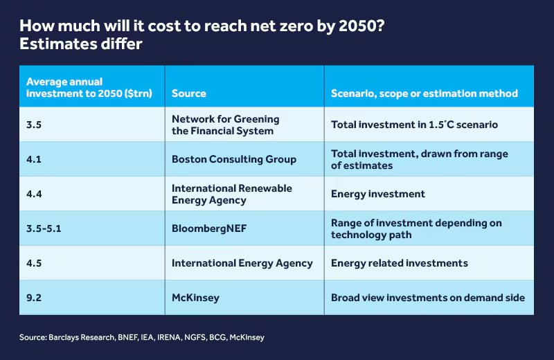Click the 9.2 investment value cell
35,298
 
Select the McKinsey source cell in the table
195,298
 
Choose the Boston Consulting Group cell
233,159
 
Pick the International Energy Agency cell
242,263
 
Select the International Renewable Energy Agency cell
231,194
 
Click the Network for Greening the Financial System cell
225,125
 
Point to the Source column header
188,93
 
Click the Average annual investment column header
89,87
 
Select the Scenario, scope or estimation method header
424,93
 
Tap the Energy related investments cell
399,263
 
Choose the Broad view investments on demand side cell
427,298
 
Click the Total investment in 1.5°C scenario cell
414,125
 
